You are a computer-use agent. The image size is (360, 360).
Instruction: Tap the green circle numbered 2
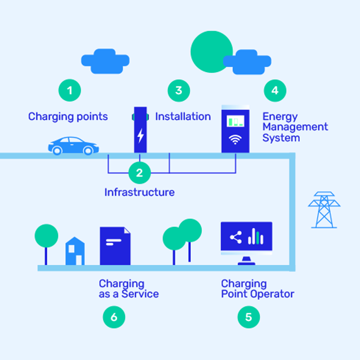click(139, 173)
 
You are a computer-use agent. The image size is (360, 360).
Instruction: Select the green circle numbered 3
click(178, 91)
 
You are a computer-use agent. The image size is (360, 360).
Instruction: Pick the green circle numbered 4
click(275, 91)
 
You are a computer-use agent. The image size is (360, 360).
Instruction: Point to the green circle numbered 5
click(248, 317)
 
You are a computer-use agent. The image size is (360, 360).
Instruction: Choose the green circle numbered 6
click(114, 317)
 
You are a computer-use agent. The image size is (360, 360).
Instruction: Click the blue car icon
click(74, 146)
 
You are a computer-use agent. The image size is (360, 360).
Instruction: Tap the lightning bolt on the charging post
click(140, 135)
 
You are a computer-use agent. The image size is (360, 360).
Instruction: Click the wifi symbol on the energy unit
click(235, 140)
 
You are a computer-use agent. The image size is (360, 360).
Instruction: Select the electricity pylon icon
click(324, 209)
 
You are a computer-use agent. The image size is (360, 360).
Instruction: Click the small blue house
click(75, 251)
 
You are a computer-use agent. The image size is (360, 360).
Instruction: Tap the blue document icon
click(115, 246)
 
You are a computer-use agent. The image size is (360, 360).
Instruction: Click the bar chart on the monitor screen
click(256, 238)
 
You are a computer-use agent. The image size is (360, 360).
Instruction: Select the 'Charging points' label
click(68, 117)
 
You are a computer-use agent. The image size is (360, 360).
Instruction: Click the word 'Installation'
click(183, 117)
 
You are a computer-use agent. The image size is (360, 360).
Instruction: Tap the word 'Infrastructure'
click(139, 192)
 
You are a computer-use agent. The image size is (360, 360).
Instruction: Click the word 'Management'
click(295, 127)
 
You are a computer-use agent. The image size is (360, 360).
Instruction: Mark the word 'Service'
click(141, 294)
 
